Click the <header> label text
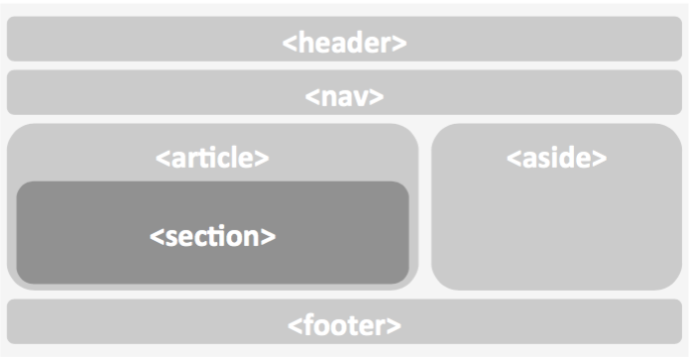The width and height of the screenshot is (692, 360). click(x=344, y=43)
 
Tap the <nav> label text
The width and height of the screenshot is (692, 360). click(x=344, y=97)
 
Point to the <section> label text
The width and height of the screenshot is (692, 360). click(x=212, y=237)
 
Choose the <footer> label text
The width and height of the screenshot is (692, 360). click(x=344, y=324)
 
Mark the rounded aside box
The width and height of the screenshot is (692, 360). click(x=556, y=228)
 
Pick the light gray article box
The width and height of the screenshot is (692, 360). click(x=59, y=149)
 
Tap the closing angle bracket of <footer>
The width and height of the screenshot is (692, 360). click(x=396, y=325)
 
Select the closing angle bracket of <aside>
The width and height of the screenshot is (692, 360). click(x=601, y=158)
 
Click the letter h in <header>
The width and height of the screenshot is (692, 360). click(x=303, y=43)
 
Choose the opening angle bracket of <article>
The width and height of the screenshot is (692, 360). click(x=162, y=158)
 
